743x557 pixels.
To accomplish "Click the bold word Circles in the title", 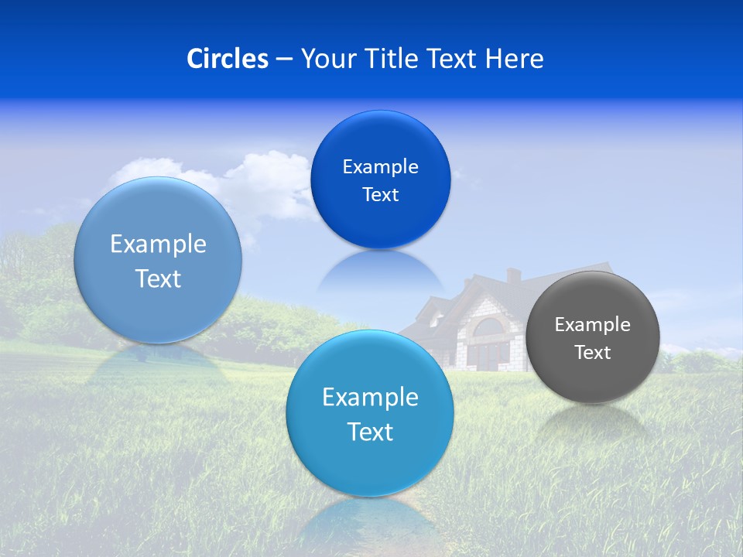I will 228,59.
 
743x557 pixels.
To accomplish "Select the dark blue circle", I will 380,179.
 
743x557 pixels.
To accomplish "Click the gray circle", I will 593,337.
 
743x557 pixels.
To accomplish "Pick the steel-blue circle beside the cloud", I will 158,260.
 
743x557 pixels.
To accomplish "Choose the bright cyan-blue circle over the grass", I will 370,413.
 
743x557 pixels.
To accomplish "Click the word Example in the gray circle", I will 593,324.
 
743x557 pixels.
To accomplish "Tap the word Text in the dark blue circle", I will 380,195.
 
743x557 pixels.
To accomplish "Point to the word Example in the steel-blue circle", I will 158,244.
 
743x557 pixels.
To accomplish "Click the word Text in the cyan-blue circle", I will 370,432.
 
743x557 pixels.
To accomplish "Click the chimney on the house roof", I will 513,275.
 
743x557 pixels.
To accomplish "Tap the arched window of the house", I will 488,328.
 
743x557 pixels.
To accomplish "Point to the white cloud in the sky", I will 263,182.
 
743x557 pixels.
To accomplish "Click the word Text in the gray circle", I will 593,353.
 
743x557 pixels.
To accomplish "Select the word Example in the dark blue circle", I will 380,166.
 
